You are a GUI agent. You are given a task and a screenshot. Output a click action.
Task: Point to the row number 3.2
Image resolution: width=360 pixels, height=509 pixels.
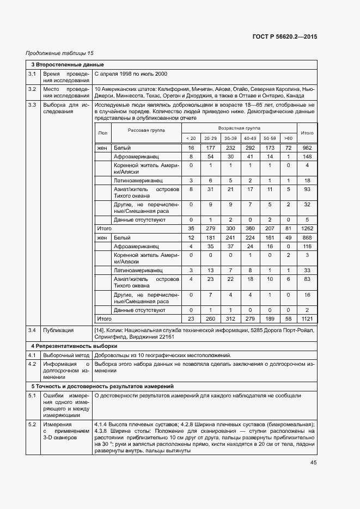pos(32,89)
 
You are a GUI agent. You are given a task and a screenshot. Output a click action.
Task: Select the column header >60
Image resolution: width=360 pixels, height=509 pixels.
pos(288,138)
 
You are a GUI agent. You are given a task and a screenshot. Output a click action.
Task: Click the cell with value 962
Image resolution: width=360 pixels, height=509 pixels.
pos(307,148)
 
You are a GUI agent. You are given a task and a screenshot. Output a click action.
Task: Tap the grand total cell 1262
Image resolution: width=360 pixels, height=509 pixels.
pos(307,229)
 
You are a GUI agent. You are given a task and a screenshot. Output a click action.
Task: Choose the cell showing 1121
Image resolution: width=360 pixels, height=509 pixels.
pos(307,318)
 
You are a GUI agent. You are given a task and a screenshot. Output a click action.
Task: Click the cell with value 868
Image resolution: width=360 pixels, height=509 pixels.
pos(307,238)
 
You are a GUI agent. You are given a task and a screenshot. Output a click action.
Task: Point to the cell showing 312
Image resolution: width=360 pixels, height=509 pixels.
pos(230,318)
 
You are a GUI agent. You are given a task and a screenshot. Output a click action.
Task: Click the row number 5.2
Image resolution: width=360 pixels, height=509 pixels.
pos(32,424)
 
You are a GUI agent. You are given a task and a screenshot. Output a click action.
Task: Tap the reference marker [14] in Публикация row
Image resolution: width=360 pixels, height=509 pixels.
pos(100,330)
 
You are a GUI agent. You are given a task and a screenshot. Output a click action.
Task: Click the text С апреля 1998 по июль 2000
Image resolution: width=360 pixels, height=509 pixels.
pos(131,73)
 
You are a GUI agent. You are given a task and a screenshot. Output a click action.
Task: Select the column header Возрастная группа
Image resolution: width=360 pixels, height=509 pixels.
pos(239,127)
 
